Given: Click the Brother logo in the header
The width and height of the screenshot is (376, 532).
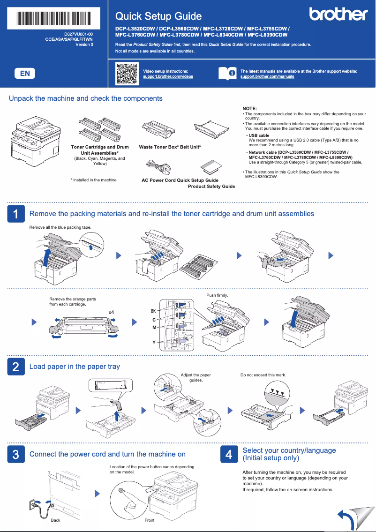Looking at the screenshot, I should coord(338,15).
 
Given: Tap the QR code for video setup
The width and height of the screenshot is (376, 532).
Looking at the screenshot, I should coord(126,73).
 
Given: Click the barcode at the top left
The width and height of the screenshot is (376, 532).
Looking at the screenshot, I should coord(54,19).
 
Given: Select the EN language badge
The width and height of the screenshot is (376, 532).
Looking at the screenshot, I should coord(25,73).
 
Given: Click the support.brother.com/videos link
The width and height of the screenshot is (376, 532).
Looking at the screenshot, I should coord(167,76).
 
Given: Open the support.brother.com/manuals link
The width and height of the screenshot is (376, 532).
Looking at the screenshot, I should coord(267,76).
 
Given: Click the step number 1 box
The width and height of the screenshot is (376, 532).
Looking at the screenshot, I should coord(15,214).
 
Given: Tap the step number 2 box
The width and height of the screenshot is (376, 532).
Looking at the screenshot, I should coord(15,367).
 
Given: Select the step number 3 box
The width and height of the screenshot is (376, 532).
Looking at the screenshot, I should coord(15,454).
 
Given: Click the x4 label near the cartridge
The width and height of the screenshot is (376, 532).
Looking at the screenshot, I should coord(112,312).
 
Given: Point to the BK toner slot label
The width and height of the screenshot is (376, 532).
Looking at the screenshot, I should coord(153,311).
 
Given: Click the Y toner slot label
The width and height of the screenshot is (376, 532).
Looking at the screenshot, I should coord(154,343).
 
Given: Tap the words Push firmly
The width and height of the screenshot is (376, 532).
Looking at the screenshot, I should coord(217,295).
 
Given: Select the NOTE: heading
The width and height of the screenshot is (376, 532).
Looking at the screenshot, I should coord(249,108).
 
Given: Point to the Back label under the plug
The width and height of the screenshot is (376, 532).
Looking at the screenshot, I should coord(55,520).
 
